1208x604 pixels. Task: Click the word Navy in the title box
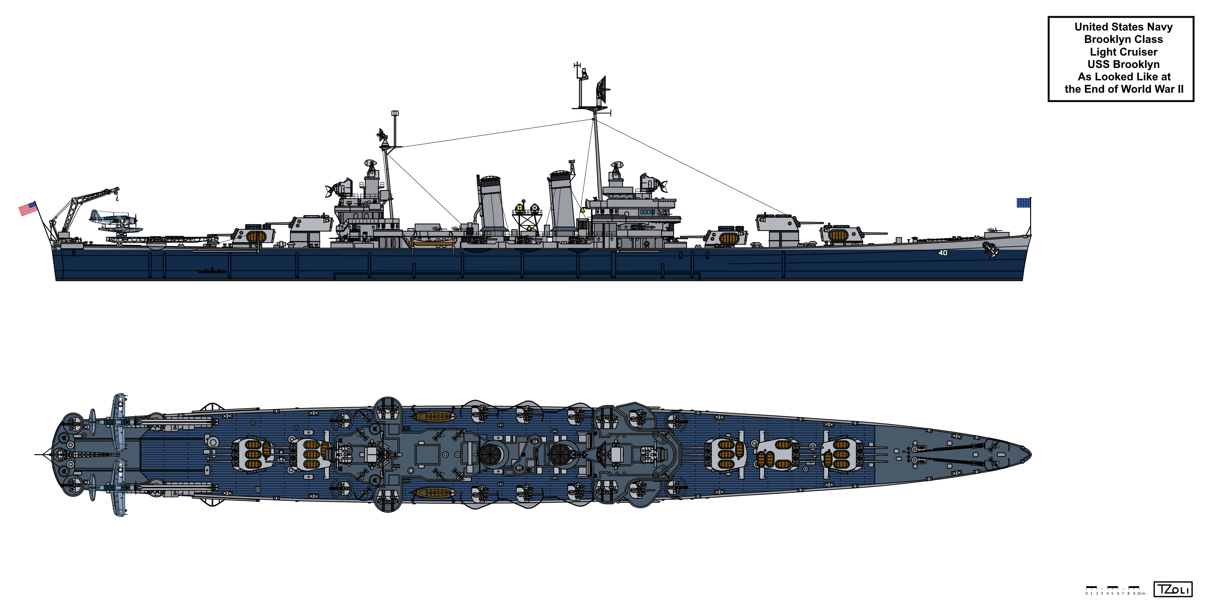(1160, 27)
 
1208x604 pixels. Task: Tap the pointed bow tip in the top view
(1030, 454)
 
